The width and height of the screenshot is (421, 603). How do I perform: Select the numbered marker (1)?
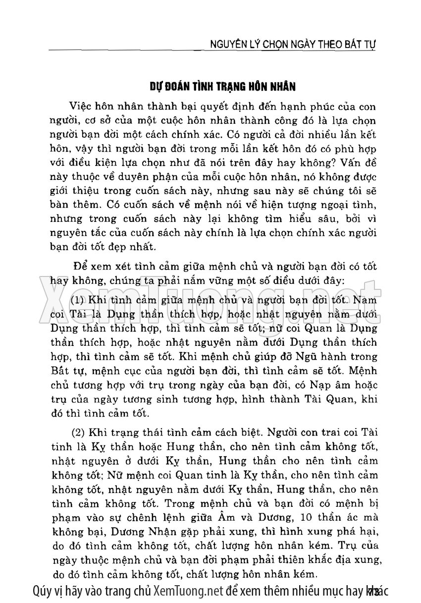(78, 300)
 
